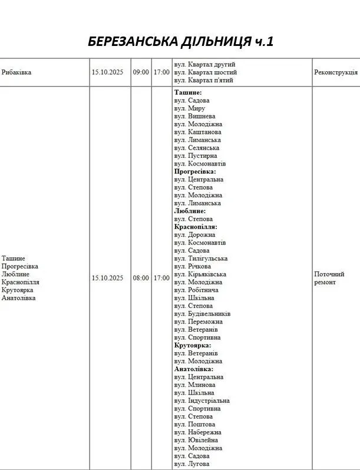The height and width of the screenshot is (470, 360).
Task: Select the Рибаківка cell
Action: pos(16,72)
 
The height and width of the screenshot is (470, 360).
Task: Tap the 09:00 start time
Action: pos(141,72)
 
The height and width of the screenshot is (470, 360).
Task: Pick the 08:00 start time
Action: pos(141,278)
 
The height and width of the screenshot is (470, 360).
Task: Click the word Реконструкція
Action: pos(335,72)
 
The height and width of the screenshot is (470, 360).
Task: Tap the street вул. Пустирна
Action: pos(196,155)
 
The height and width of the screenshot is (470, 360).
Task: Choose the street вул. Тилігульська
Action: pos(201,259)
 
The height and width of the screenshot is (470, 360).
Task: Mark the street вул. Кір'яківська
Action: pos(200,274)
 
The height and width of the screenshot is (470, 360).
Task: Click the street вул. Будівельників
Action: pos(202,314)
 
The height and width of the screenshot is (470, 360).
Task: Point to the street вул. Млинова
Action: pos(194,385)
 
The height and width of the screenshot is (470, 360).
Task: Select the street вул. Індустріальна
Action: pos(202,401)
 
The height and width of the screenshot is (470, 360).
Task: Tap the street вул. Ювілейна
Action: pos(196,440)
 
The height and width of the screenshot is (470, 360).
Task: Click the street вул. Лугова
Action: pos(191,464)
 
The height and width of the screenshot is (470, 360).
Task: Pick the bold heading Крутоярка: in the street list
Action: pos(192,345)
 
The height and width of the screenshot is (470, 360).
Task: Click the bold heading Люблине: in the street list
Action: pos(190,211)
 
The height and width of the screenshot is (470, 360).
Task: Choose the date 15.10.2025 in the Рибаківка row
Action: pos(107,72)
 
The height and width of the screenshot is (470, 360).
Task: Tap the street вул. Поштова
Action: pos(194,424)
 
